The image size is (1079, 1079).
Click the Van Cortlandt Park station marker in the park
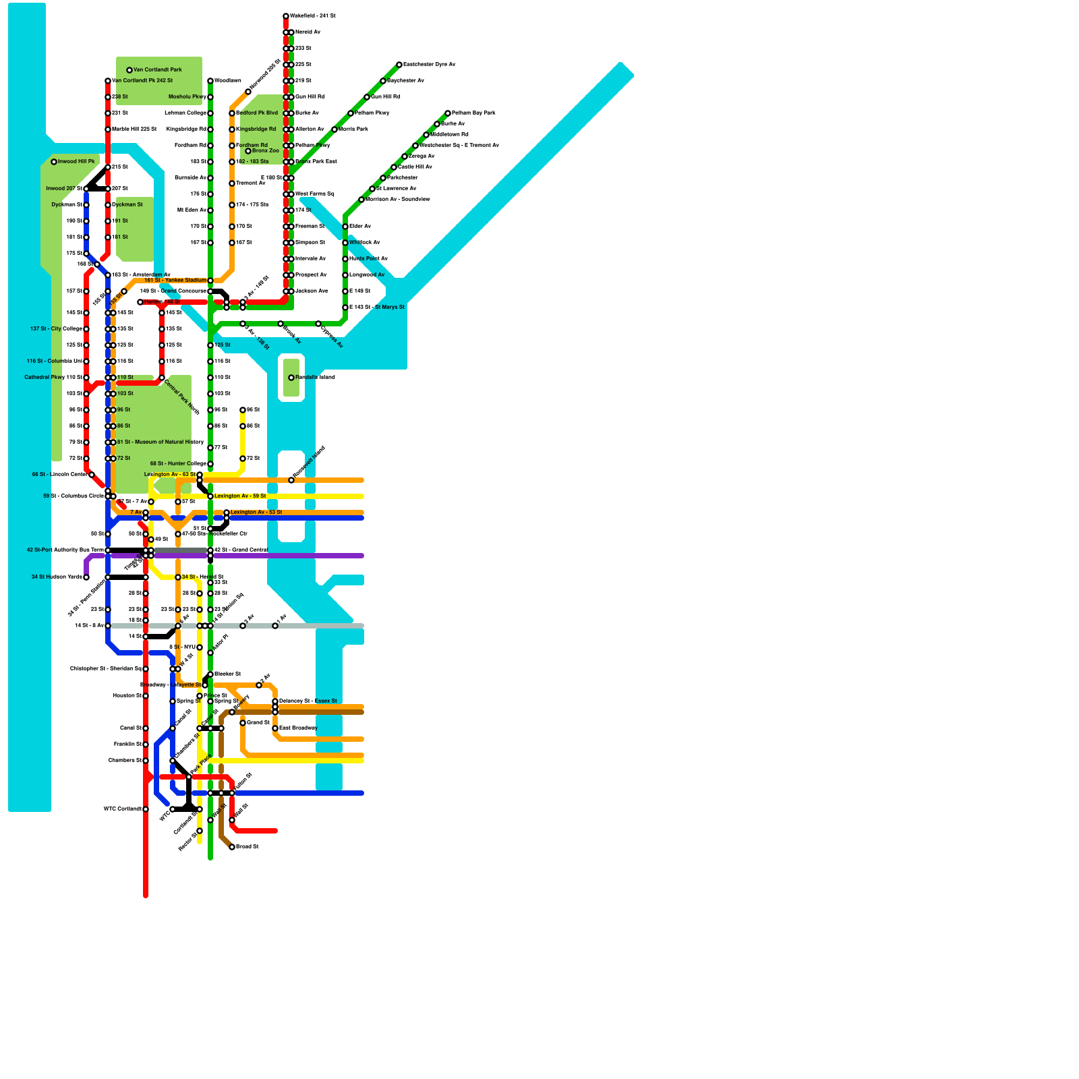click(129, 70)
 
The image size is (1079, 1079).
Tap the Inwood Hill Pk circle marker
click(54, 162)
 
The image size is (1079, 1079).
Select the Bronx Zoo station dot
click(248, 151)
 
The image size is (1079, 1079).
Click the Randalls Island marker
click(291, 378)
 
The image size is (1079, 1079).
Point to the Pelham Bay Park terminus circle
click(448, 113)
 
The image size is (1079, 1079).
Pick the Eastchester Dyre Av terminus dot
click(399, 65)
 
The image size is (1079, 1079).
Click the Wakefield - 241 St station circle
click(286, 16)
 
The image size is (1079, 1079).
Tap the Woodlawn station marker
click(210, 81)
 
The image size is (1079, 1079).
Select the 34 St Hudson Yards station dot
click(86, 577)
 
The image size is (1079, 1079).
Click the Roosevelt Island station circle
click(291, 480)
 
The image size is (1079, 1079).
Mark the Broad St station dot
click(232, 847)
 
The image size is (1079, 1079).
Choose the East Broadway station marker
click(275, 728)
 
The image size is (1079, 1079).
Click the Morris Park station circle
click(334, 129)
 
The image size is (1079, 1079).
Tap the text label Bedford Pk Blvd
click(257, 113)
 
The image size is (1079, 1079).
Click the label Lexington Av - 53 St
click(256, 513)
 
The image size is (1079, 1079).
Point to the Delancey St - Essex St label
click(308, 701)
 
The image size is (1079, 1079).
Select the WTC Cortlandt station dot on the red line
click(146, 809)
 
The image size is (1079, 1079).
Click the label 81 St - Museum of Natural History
click(161, 442)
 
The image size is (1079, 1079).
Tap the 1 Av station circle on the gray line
click(275, 626)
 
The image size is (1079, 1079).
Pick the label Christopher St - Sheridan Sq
click(105, 669)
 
